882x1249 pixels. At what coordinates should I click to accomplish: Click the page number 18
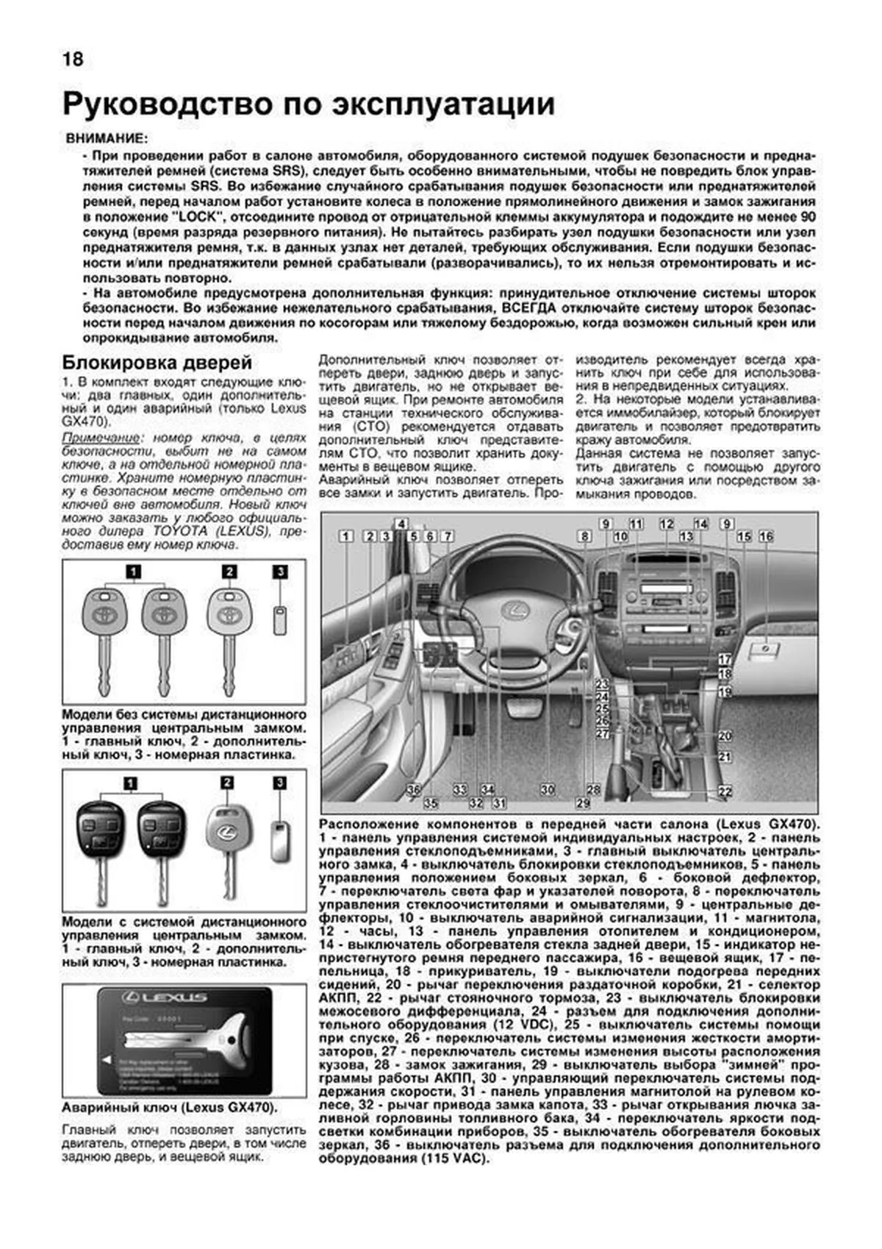[x=73, y=59]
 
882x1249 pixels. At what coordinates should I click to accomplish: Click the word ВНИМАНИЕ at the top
[x=106, y=138]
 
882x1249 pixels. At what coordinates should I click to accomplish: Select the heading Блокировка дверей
[x=157, y=363]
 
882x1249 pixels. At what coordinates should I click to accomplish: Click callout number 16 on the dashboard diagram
[x=766, y=536]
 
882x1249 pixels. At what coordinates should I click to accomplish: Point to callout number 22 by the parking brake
[x=725, y=791]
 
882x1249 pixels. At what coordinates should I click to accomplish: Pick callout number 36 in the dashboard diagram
[x=414, y=789]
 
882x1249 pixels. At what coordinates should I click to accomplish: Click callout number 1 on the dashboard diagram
[x=345, y=536]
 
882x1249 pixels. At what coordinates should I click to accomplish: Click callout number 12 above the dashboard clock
[x=666, y=524]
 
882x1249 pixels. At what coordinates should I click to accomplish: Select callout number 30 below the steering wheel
[x=547, y=789]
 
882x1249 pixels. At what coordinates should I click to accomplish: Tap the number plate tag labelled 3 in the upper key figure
[x=279, y=619]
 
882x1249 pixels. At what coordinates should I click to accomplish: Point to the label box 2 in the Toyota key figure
[x=229, y=572]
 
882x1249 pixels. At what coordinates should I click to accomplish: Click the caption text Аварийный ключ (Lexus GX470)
[x=171, y=1107]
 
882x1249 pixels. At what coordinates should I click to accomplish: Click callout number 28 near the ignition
[x=593, y=789]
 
